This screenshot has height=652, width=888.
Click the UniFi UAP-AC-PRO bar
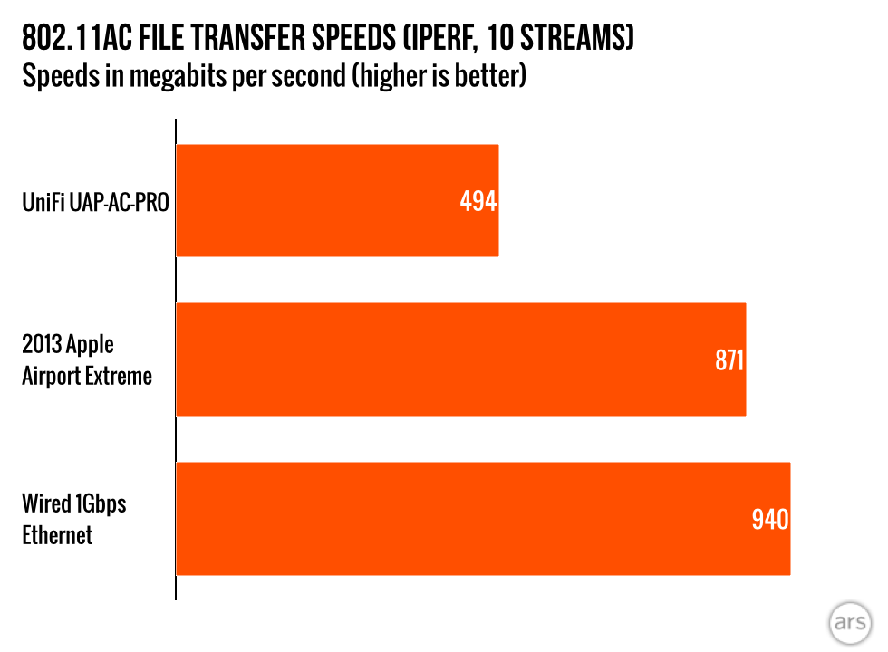tap(337, 200)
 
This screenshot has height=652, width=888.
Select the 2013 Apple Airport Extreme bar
tap(460, 360)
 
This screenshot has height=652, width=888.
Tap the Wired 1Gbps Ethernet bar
tap(483, 519)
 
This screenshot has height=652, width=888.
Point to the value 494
tap(478, 201)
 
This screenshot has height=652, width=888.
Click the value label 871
tap(729, 361)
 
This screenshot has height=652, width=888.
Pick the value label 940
tap(770, 520)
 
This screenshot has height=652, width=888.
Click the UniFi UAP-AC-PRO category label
tap(96, 201)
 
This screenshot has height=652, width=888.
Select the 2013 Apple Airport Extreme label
tap(87, 360)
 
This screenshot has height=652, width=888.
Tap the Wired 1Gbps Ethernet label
tap(74, 519)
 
